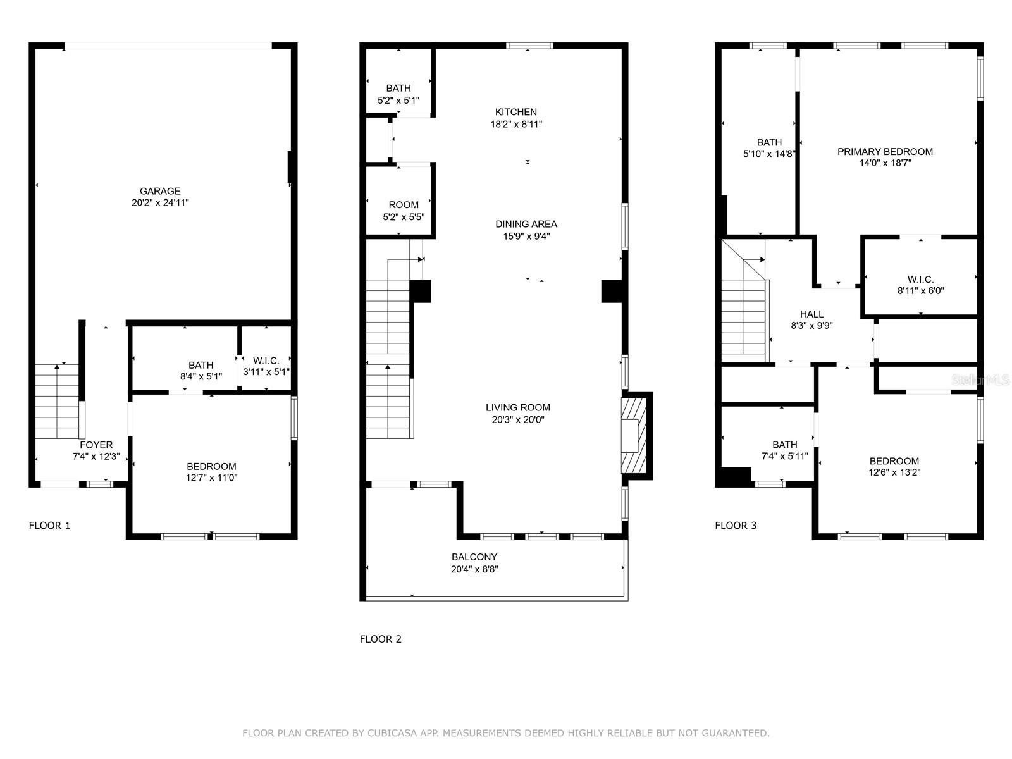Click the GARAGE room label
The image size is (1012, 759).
pos(160,191)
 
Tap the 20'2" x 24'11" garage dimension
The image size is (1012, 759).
pos(160,203)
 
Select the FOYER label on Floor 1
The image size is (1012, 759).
pos(96,445)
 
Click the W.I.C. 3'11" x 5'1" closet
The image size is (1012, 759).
pos(266,366)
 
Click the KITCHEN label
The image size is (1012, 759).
pos(515,112)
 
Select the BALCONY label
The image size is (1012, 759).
pos(474,557)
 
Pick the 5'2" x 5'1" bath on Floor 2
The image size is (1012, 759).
pos(398,94)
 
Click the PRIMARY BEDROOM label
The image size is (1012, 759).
pos(885,152)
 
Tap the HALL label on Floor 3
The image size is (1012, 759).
pos(811,314)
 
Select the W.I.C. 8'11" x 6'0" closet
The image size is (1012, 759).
pos(920,285)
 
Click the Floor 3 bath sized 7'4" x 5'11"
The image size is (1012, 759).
pos(784,450)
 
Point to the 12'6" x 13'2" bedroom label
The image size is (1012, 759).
pos(894,466)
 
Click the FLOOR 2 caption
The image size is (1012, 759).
pos(380,639)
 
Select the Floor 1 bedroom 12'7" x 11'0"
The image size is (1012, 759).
pos(211,472)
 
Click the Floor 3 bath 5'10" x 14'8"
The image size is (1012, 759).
pos(769,147)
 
